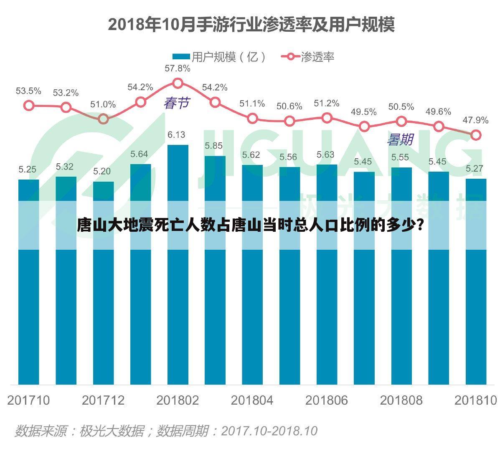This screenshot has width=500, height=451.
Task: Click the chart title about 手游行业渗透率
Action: click(251, 25)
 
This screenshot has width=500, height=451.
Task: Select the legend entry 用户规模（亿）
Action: click(219, 57)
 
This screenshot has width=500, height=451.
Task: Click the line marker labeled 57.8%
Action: click(178, 83)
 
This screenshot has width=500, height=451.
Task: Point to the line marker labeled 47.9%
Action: click(475, 135)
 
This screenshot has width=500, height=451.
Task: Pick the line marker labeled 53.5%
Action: click(28, 105)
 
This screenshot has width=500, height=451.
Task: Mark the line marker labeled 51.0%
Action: click(103, 119)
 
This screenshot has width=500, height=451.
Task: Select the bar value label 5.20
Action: click(102, 171)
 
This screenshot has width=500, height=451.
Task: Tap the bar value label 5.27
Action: click(475, 169)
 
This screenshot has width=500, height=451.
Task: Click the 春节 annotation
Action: click(176, 103)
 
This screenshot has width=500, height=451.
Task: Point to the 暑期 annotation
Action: click(400, 140)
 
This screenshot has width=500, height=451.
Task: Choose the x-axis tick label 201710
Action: click(28, 400)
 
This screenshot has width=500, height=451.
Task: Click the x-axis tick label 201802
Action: click(178, 400)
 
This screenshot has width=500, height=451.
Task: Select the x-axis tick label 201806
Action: click(327, 400)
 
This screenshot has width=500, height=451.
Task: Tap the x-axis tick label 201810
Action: click(475, 400)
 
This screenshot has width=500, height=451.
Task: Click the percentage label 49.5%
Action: click(363, 112)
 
